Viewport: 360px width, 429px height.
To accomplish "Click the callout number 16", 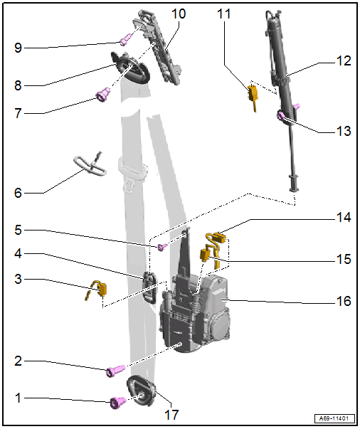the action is coord(344,301).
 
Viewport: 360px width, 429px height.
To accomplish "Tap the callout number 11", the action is coord(224,14).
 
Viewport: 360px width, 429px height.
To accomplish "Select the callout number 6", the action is coord(18,193).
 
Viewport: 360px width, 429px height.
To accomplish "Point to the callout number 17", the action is coord(171,415).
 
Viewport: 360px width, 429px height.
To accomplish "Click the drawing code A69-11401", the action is coord(334,418).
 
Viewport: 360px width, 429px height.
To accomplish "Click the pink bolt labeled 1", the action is coord(117,402).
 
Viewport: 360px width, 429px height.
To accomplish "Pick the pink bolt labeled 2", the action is coord(116,370).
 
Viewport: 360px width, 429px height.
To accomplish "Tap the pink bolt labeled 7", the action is coord(103,95).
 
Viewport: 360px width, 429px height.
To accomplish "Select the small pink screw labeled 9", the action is coord(125,39).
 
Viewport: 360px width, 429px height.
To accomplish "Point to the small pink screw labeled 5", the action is coord(162,246).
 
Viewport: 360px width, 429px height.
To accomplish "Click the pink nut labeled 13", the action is coord(282,115).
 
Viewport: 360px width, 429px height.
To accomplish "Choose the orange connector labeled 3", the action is coord(98,290).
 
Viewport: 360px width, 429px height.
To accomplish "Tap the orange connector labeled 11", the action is coord(253,95).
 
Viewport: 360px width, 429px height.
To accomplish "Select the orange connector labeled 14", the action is coord(218,238).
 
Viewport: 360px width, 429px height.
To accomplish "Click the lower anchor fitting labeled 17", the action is coord(141,391).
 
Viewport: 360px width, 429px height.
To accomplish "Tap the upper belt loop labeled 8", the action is coord(132,66).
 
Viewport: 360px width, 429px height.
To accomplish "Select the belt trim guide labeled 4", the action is coord(149,287).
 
